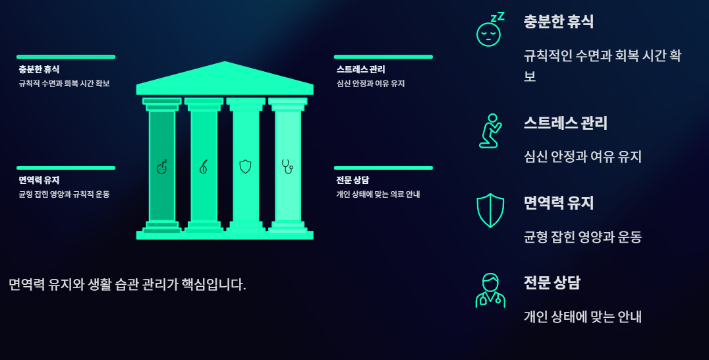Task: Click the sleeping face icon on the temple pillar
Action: pos(162,167)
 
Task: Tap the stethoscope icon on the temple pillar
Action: pos(287,166)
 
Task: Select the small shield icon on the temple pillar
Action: pos(245,167)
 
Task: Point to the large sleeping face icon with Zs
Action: pos(490,30)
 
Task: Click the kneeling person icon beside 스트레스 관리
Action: pos(490,131)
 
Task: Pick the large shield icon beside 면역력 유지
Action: pos(490,210)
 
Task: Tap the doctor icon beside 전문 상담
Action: pos(490,291)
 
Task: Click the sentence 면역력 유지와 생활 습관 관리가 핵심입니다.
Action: pos(127,285)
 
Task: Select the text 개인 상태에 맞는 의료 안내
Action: pos(378,195)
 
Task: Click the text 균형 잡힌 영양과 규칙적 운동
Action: pos(64,195)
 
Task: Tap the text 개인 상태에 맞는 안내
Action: pos(582,317)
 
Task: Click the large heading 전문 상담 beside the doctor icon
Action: pos(552,283)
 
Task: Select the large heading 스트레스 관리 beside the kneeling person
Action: pos(565,123)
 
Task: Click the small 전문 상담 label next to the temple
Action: pos(353,180)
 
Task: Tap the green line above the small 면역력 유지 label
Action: pos(66,168)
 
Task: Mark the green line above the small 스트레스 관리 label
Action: pos(383,57)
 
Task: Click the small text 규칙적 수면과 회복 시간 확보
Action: pos(64,84)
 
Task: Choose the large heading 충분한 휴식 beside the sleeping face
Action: pos(559,22)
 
